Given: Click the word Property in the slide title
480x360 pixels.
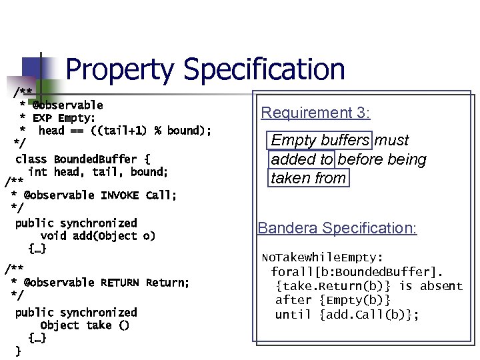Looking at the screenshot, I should pyautogui.click(x=121, y=70).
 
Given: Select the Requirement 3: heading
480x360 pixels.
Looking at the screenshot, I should pyautogui.click(x=315, y=113).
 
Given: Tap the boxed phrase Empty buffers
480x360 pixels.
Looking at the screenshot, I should pyautogui.click(x=320, y=141).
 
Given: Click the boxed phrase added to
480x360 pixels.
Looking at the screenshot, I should pyautogui.click(x=302, y=159).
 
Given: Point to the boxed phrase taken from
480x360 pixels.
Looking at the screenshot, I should pyautogui.click(x=309, y=178).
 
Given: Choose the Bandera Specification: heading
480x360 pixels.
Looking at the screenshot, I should pyautogui.click(x=337, y=228).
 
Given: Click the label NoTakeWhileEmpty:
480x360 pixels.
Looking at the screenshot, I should pyautogui.click(x=322, y=257).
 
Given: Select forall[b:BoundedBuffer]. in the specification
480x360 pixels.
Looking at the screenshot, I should pyautogui.click(x=357, y=271).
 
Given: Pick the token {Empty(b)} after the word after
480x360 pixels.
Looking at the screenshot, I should pyautogui.click(x=355, y=300).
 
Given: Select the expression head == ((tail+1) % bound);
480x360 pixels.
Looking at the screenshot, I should pyautogui.click(x=125, y=131).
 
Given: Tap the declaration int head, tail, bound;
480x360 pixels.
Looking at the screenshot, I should pyautogui.click(x=98, y=172).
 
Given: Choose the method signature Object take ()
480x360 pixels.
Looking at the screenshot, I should pyautogui.click(x=85, y=325).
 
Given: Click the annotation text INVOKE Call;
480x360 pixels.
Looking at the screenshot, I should pyautogui.click(x=139, y=195).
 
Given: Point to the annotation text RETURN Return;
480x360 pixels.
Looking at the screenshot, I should pyautogui.click(x=145, y=283).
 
